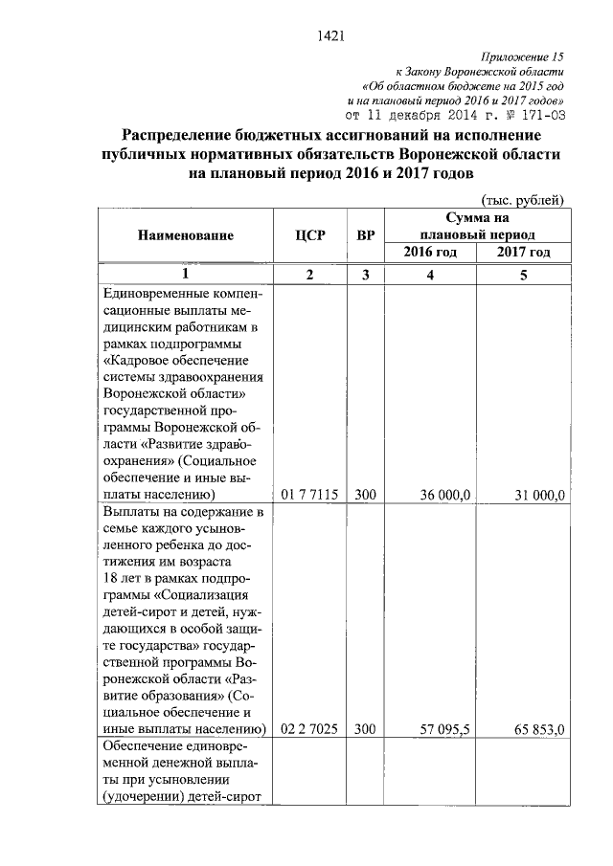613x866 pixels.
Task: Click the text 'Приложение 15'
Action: click(x=523, y=57)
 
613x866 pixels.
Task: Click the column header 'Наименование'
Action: click(x=185, y=234)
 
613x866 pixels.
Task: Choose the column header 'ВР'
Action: click(x=364, y=234)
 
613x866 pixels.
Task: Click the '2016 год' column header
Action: click(x=428, y=252)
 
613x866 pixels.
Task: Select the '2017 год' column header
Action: click(x=523, y=252)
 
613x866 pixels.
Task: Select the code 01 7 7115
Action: click(x=309, y=495)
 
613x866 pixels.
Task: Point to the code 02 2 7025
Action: click(x=309, y=729)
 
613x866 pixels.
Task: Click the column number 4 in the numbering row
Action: click(x=429, y=276)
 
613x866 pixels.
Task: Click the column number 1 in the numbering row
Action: click(x=185, y=276)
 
